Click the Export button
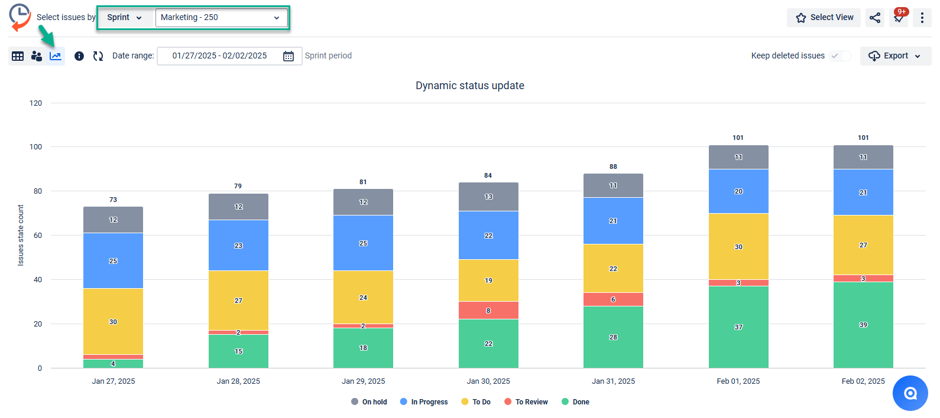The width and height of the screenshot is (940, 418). (895, 55)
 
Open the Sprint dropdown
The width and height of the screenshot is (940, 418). (124, 18)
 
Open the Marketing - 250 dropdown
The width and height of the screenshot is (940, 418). (221, 18)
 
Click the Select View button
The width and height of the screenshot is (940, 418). (824, 18)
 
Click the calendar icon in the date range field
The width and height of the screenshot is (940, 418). (289, 56)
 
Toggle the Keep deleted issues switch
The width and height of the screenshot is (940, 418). (840, 55)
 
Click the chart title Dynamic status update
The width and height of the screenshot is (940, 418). (469, 86)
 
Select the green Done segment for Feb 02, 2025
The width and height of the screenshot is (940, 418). (863, 325)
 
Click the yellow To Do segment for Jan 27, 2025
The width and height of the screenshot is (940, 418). (113, 321)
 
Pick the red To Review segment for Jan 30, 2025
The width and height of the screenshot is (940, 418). (488, 310)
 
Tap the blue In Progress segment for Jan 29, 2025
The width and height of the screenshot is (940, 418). (363, 243)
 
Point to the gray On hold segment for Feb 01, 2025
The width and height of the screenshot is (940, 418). (738, 157)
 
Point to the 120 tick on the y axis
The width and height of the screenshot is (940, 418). (36, 103)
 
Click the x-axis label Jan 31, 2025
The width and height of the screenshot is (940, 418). (613, 381)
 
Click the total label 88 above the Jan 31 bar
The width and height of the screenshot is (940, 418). (613, 166)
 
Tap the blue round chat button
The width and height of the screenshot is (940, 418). (910, 393)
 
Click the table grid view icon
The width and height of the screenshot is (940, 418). (18, 56)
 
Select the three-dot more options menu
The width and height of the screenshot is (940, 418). (922, 18)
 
